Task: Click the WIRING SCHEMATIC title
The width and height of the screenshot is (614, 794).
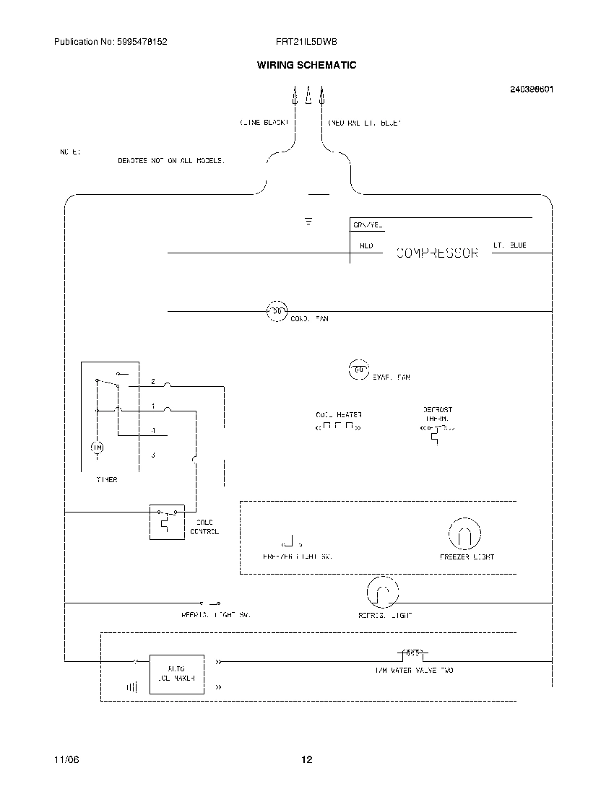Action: [x=306, y=65]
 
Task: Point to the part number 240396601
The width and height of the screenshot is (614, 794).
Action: [x=532, y=90]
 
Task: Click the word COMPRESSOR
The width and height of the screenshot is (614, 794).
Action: [x=437, y=253]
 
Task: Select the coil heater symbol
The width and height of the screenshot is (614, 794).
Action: [x=338, y=427]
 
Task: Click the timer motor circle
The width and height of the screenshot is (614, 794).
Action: [x=97, y=449]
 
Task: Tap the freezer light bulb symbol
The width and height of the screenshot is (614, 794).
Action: [x=464, y=535]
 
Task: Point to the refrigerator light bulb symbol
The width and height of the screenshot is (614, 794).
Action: [x=382, y=593]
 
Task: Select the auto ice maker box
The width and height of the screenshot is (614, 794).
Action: [x=176, y=673]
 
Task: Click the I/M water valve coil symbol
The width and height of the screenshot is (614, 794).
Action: [x=412, y=654]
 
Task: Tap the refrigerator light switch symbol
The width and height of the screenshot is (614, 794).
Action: [x=209, y=602]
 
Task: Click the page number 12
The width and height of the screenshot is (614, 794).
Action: [x=307, y=759]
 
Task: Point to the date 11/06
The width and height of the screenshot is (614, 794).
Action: [x=64, y=759]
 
